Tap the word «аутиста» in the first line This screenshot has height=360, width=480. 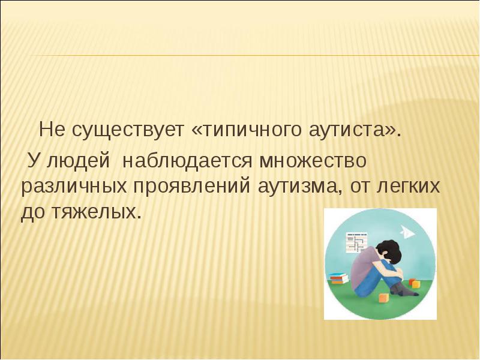pos(347,130)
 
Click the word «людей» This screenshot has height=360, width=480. pos(78,160)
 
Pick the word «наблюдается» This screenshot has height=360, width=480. pos(187,160)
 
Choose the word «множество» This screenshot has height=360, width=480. pos(313,160)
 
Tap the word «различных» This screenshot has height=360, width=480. pos(74,187)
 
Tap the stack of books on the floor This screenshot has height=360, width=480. pos(339,278)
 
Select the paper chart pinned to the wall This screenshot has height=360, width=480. pos(356,242)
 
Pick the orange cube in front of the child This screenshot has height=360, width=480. pos(384,298)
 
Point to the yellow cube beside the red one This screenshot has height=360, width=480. pos(415,284)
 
